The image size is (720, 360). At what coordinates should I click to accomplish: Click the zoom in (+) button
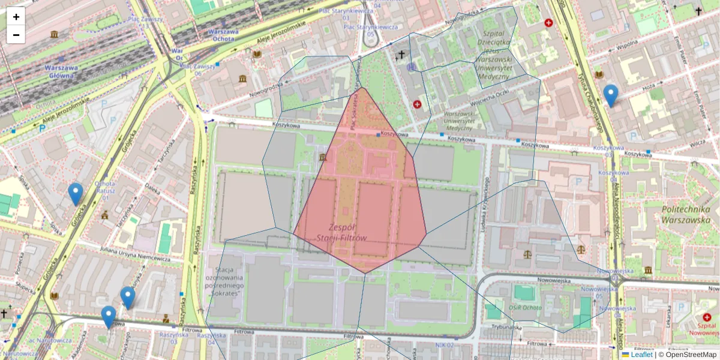click(x=16, y=17)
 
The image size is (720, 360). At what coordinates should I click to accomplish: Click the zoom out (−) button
click(x=16, y=35)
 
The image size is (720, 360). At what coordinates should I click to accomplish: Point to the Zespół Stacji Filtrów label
click(x=341, y=233)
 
